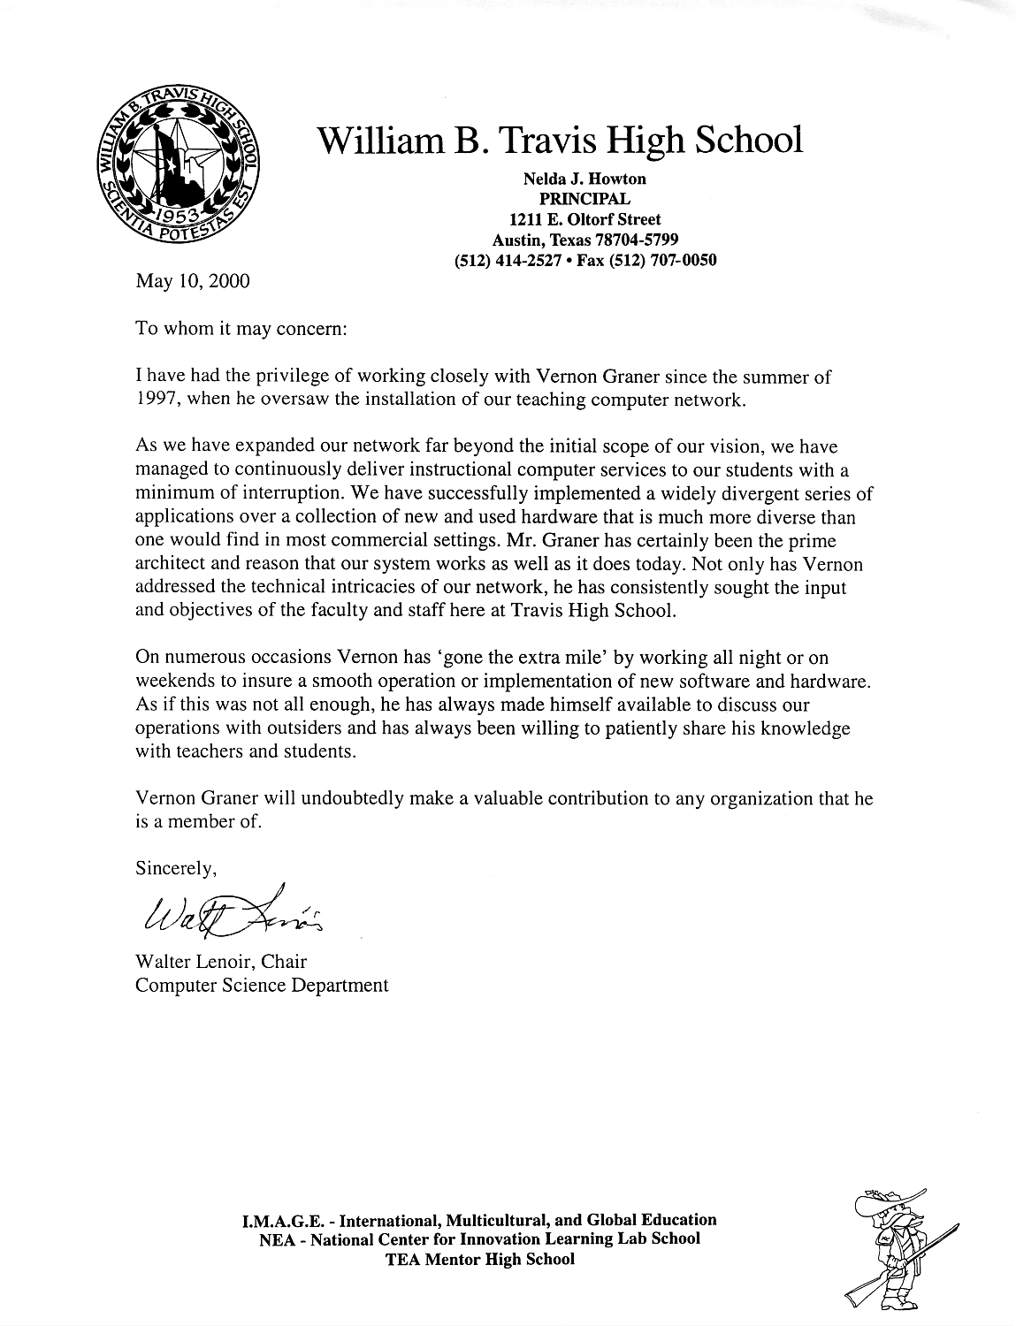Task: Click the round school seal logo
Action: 177,168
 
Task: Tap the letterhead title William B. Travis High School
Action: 560,140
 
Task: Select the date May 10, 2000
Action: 192,281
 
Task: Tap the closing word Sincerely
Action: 175,869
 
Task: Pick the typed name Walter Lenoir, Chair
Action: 221,961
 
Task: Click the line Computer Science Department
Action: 262,985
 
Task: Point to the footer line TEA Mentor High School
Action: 480,1259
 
